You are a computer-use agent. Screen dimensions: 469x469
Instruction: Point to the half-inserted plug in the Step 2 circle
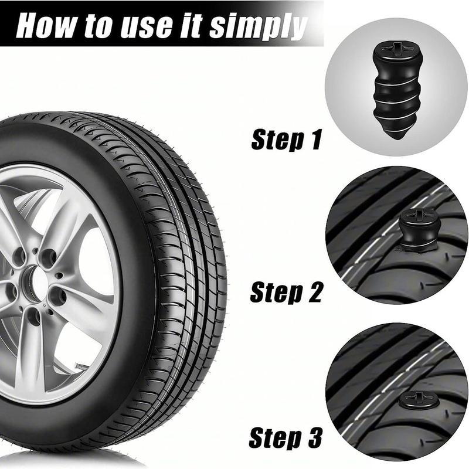tap(417, 232)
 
